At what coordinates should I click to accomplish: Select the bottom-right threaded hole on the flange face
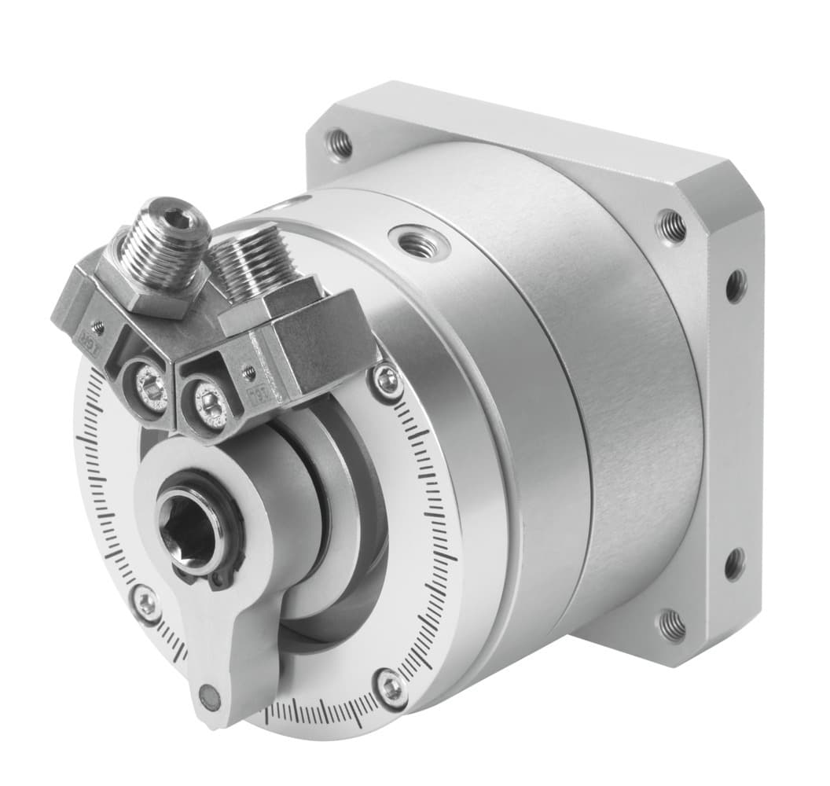tap(670, 626)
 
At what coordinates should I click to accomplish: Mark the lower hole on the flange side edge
tap(735, 564)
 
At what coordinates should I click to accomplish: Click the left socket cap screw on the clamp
tap(149, 387)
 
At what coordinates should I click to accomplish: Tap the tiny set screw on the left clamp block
tap(97, 324)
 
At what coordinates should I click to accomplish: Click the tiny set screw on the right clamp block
tap(249, 369)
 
